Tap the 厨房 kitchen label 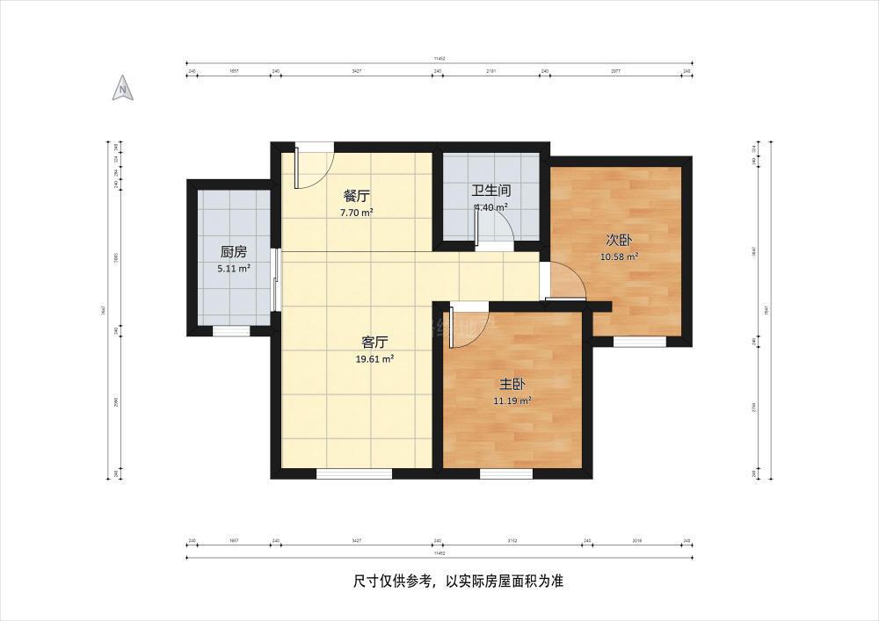tap(233, 251)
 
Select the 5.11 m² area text tap(233, 270)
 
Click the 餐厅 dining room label tap(356, 195)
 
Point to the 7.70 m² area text tap(356, 213)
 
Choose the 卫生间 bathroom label tap(491, 190)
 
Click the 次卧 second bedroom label tap(619, 239)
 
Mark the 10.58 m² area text tap(619, 256)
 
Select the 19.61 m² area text tap(375, 358)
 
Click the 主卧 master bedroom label tap(512, 384)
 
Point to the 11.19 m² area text tap(512, 401)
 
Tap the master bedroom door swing tap(466, 325)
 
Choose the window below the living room tap(353, 474)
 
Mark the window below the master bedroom tap(505, 474)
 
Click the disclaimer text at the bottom tap(457, 581)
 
